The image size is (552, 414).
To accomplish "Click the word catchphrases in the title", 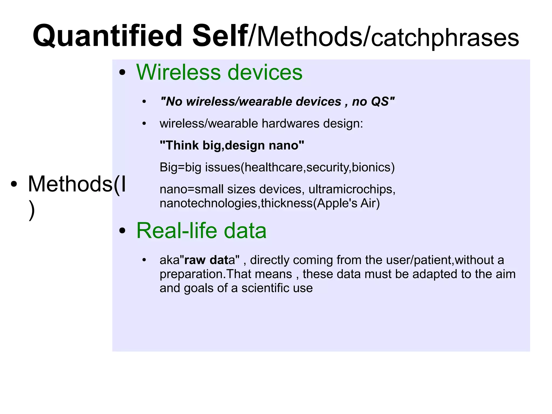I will click(445, 38).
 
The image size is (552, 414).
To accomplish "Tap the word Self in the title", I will click(220, 36).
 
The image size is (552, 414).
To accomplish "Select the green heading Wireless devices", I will click(219, 72).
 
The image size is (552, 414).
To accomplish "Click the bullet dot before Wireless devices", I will click(122, 73).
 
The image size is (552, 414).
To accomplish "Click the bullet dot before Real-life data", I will click(122, 231).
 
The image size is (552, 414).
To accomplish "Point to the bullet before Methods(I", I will click(14, 184).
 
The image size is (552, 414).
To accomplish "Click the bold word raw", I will click(195, 260).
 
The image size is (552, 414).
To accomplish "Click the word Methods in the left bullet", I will click(70, 184).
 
